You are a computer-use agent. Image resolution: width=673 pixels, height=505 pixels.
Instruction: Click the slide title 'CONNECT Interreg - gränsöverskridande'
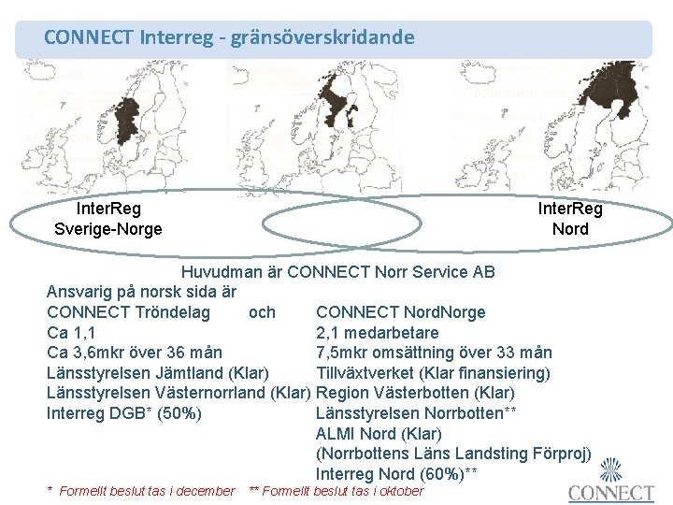(229, 38)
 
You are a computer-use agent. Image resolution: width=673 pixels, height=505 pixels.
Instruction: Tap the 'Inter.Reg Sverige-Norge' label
(108, 219)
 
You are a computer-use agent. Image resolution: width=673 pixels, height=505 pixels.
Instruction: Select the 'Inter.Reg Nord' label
(570, 219)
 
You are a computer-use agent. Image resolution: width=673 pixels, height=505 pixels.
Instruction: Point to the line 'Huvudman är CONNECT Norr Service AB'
(338, 272)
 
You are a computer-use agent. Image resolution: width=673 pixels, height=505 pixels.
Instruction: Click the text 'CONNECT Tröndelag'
(128, 311)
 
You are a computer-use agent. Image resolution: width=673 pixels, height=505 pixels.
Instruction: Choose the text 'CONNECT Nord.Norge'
(401, 311)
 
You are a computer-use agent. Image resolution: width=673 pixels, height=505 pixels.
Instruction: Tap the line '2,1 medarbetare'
(378, 332)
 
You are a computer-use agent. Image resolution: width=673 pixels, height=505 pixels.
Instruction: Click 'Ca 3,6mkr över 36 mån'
(135, 353)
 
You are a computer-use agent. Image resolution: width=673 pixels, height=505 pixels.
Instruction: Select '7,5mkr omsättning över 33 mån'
(435, 353)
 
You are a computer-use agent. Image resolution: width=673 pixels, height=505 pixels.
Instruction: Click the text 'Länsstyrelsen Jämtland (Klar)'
(158, 373)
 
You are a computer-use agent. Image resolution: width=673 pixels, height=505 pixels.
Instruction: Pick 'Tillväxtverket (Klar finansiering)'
(434, 373)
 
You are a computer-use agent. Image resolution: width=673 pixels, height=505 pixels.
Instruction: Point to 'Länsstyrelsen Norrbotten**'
(417, 413)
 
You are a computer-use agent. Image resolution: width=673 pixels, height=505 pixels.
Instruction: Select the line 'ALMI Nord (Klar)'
(379, 434)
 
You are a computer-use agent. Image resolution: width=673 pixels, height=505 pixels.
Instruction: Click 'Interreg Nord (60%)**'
(397, 474)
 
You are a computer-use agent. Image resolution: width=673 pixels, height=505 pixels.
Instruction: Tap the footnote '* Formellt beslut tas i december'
(141, 491)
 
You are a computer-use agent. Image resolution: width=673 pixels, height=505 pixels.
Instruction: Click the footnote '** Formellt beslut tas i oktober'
(336, 491)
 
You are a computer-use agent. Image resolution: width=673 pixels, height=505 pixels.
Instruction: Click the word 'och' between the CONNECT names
(262, 311)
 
